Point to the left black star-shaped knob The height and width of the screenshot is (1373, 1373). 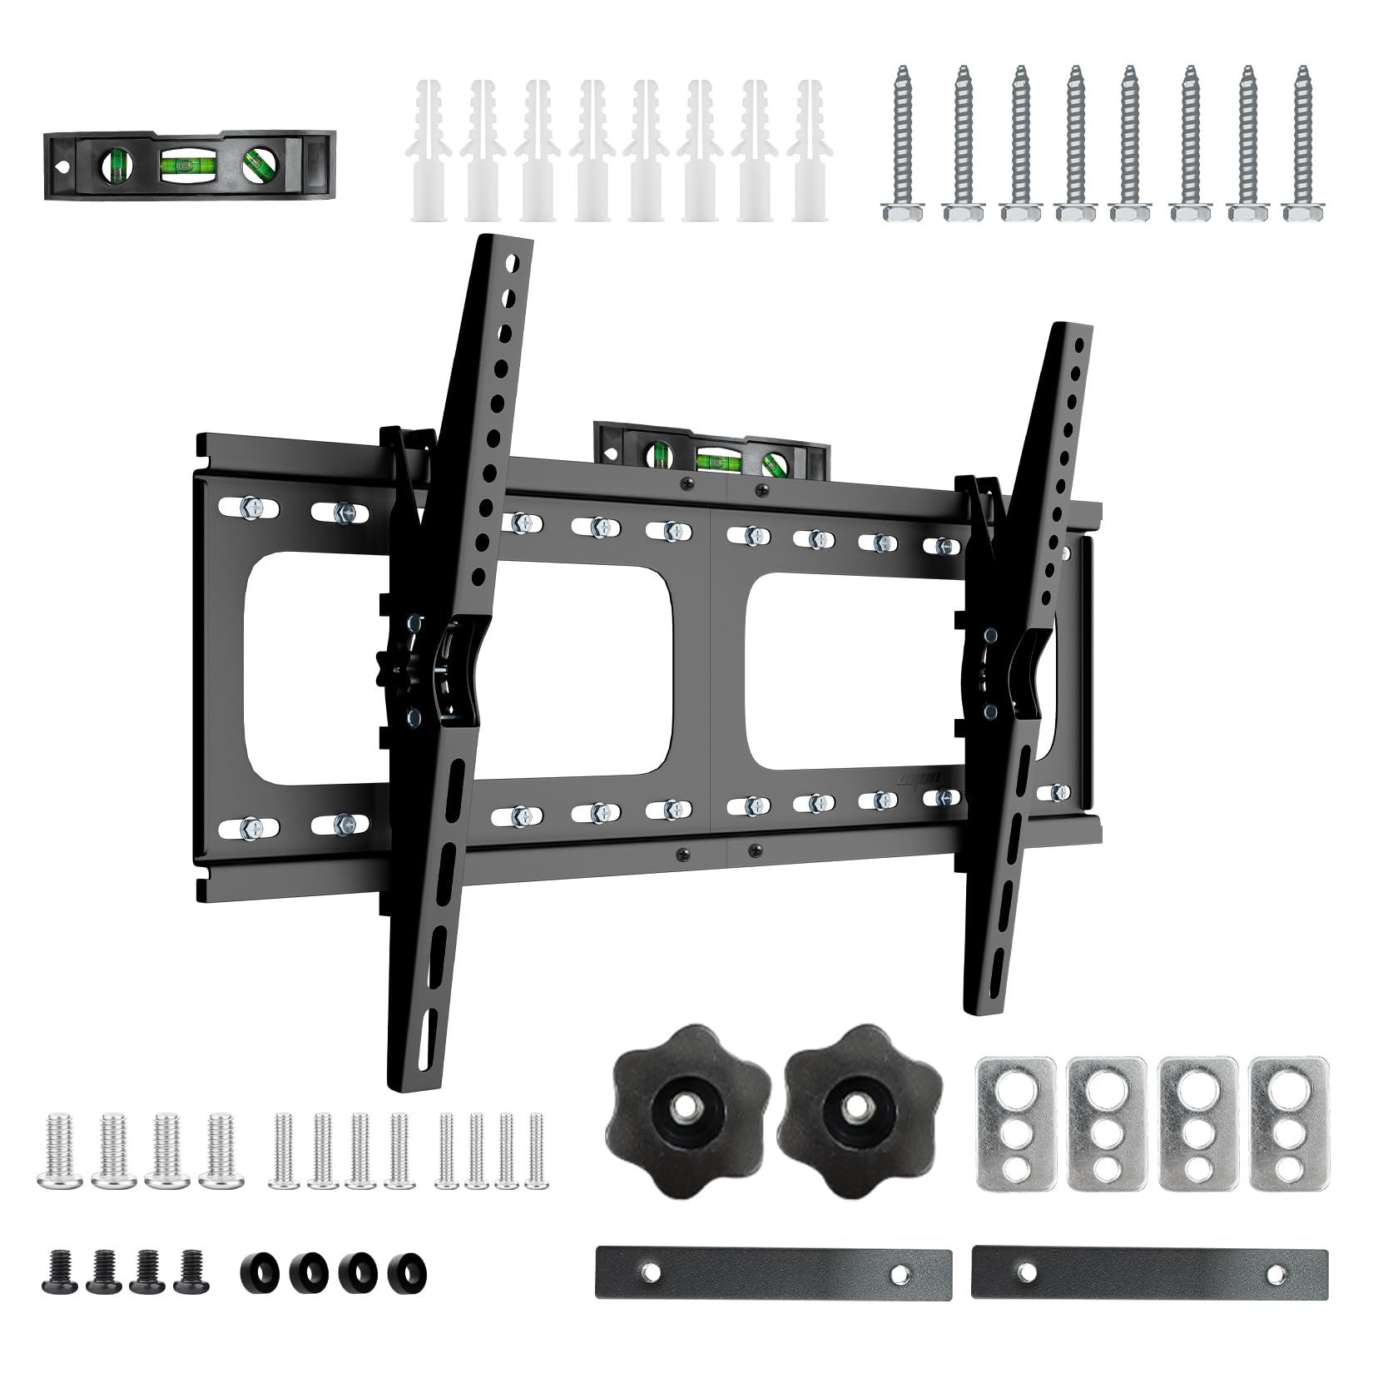coord(682,1098)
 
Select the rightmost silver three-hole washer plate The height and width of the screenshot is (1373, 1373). coord(1287,1121)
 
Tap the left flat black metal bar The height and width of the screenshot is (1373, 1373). coord(774,1273)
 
